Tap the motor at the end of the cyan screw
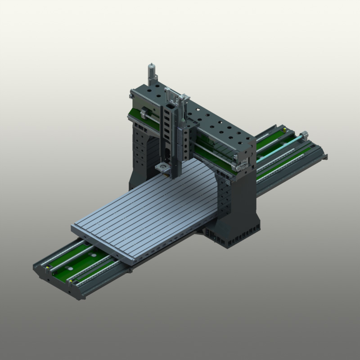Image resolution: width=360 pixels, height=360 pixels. pyautogui.click(x=304, y=134)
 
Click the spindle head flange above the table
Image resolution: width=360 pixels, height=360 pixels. pyautogui.click(x=162, y=168)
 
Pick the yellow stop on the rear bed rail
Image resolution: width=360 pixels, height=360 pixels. pyautogui.click(x=285, y=129)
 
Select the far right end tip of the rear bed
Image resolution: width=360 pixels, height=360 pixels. pyautogui.click(x=324, y=156)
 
